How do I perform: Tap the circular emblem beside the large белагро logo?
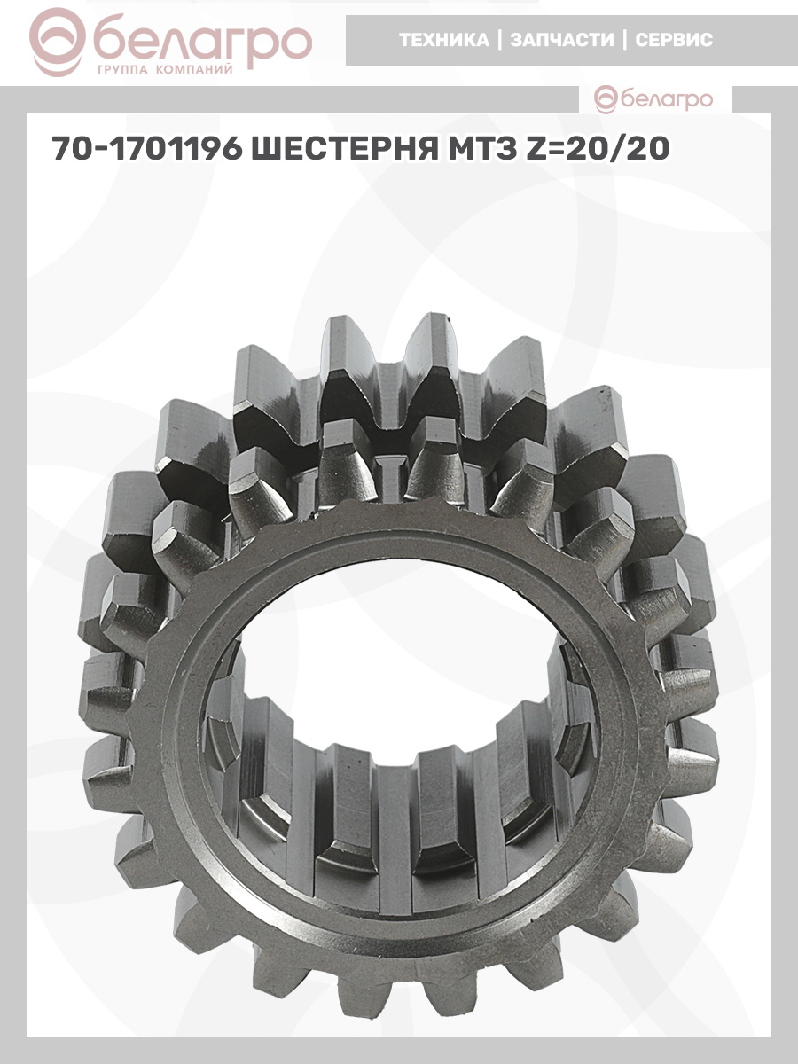(58, 43)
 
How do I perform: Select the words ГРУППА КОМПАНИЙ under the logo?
(165, 70)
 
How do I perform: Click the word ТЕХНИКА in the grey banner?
(444, 40)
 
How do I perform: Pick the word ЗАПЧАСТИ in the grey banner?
(562, 40)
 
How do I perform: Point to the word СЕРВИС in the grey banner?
(674, 40)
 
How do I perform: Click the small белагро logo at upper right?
(653, 99)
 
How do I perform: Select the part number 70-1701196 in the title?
(147, 148)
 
